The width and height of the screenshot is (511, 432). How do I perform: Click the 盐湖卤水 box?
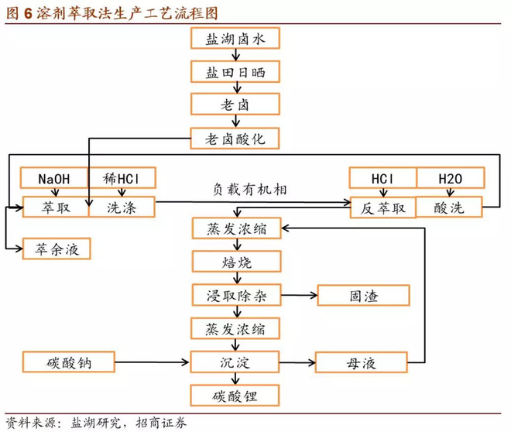click(232, 38)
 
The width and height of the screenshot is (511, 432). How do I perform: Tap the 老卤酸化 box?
click(232, 139)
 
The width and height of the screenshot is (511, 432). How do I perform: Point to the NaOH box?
click(55, 178)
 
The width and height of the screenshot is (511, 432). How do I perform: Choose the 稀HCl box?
click(122, 178)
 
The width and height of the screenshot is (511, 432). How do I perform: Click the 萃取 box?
click(55, 207)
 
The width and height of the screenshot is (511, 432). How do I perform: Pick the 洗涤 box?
click(122, 207)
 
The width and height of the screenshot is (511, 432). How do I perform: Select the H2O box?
click(450, 178)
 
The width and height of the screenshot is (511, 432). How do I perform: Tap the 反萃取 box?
click(382, 207)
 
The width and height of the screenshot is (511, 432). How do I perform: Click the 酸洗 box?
click(450, 207)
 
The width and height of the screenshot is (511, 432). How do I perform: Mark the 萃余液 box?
click(55, 249)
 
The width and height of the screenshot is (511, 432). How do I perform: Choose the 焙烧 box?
click(232, 261)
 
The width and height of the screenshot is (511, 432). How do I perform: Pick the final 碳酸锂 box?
click(232, 396)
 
